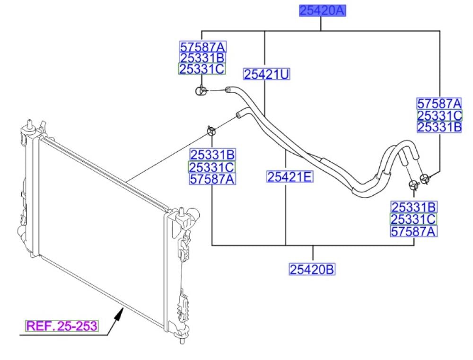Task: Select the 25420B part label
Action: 312,270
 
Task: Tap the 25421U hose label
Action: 266,74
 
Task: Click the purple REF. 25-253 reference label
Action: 62,326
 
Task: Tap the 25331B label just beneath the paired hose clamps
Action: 413,207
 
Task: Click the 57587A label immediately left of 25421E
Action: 212,179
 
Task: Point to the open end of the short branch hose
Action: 239,114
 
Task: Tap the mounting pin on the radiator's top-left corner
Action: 30,123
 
